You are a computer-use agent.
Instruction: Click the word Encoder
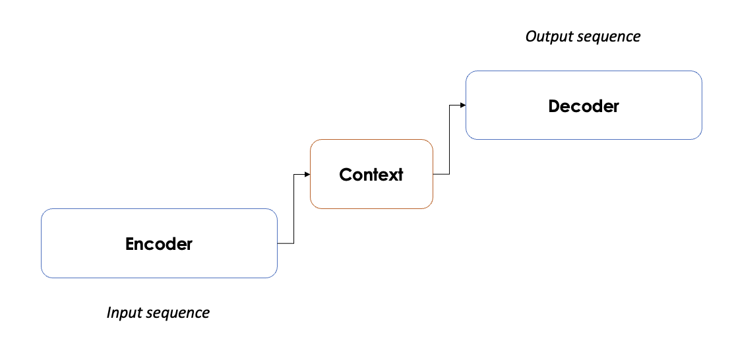pos(159,244)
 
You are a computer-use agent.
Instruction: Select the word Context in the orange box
pos(371,175)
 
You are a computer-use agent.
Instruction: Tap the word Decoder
pos(584,106)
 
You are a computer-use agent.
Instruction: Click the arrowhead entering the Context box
pos(307,174)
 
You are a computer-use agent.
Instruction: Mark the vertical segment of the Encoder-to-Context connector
pos(293,209)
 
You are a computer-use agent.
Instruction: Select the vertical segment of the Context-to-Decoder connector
pos(449,140)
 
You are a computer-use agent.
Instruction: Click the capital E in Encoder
pos(130,244)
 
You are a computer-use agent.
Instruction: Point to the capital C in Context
pos(345,175)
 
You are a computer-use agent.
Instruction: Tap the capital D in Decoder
pos(554,106)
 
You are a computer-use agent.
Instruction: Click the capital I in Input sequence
pos(109,313)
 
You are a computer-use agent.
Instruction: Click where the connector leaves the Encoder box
pos(278,243)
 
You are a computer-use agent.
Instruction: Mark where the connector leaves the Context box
pos(434,174)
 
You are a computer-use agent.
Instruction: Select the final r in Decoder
pos(616,107)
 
